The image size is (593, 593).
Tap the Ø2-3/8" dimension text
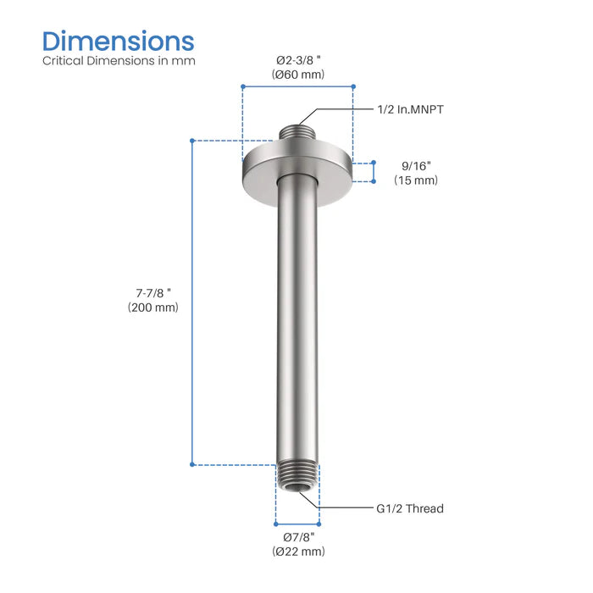coord(298,61)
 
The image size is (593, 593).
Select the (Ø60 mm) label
coord(298,75)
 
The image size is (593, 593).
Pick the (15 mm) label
coord(415,180)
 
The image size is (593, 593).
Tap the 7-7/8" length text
coord(153,292)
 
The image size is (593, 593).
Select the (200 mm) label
coord(153,308)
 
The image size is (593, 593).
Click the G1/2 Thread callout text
coord(410,508)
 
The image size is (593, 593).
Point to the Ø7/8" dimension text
coord(298,537)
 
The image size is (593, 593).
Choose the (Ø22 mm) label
coord(298,551)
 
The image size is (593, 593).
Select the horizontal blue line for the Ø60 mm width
coord(297,86)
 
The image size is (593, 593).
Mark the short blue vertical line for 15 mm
coord(373,171)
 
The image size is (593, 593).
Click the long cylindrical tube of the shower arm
coord(297,322)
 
